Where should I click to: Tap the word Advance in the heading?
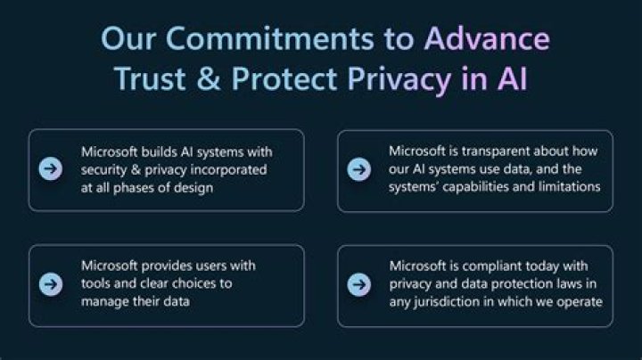[486, 38]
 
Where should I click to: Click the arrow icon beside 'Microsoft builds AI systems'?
[52, 169]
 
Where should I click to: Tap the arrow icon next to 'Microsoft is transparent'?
[359, 169]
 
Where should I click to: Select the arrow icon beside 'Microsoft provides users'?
[52, 284]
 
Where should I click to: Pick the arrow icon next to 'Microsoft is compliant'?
[359, 284]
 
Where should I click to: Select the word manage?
[107, 301]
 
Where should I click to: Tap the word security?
[106, 169]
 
